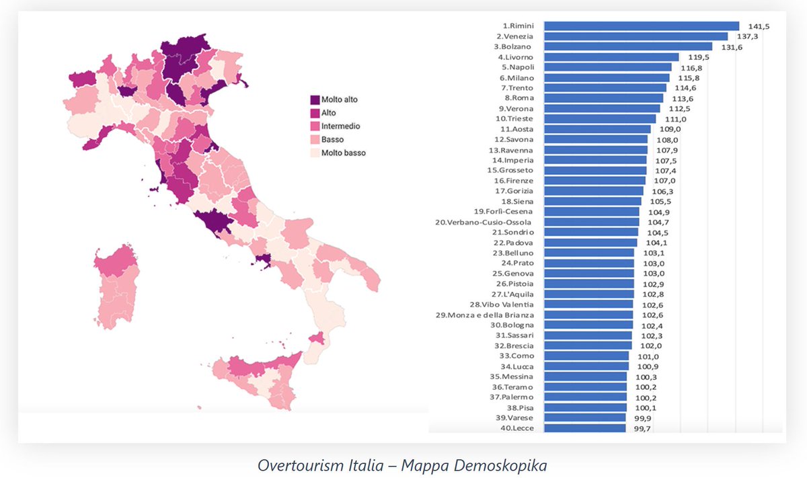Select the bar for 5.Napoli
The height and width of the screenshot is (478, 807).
click(607, 67)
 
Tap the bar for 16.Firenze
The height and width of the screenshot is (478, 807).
click(594, 180)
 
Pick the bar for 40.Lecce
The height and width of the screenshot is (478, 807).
click(584, 428)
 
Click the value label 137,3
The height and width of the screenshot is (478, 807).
click(743, 36)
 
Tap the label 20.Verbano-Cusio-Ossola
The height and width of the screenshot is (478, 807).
click(484, 222)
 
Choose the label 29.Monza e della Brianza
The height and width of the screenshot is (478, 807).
click(485, 315)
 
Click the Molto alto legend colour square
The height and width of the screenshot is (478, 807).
click(314, 99)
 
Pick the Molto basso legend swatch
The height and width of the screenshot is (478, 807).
click(314, 153)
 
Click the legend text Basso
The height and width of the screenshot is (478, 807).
click(333, 140)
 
